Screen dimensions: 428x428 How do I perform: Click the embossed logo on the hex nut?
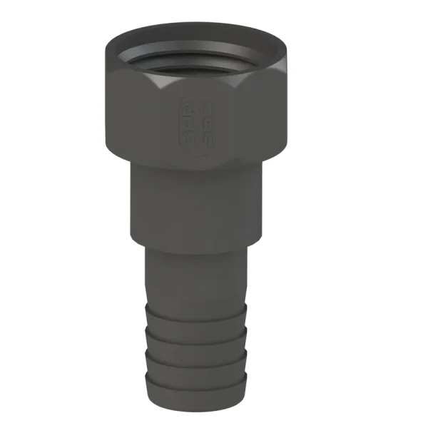coord(195,123)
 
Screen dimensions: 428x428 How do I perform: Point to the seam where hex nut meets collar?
coord(196,169)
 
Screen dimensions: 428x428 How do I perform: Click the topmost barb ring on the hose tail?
coord(196,312)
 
